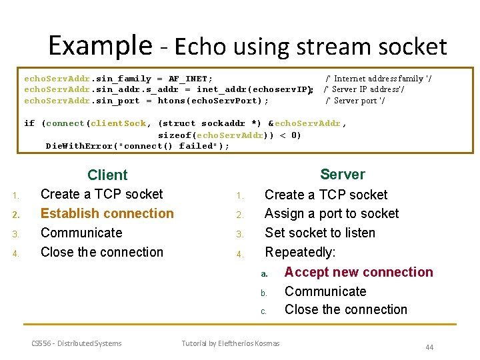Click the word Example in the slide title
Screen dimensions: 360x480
click(x=100, y=45)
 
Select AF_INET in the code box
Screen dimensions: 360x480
click(x=187, y=79)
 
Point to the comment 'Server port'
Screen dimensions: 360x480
click(x=359, y=101)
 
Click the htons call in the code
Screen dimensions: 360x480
click(x=170, y=101)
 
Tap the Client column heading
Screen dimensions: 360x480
click(x=107, y=175)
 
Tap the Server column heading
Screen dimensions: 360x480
click(x=343, y=175)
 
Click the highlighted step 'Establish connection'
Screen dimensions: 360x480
click(x=107, y=213)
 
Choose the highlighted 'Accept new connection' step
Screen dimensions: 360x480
click(x=359, y=272)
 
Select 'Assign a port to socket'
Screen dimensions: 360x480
click(x=331, y=213)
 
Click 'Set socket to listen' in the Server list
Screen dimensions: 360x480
click(x=320, y=233)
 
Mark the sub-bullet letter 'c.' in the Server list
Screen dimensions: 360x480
click(x=264, y=311)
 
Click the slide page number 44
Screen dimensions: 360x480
click(x=429, y=347)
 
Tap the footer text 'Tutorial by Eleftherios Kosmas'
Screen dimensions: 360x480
click(x=231, y=343)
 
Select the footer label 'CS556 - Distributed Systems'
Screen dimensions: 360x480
click(x=77, y=343)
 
